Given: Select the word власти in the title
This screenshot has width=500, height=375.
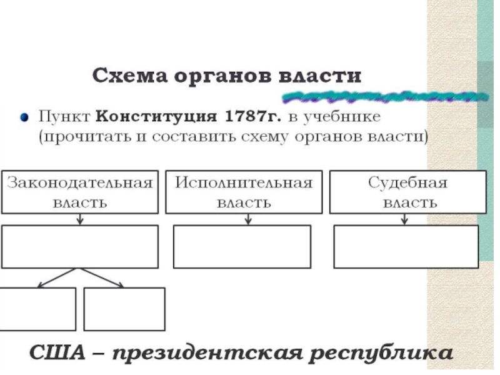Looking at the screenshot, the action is [322, 77].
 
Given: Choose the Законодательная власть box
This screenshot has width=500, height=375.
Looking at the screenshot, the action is [80, 192].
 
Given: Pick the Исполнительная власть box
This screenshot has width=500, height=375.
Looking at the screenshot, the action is [244, 192].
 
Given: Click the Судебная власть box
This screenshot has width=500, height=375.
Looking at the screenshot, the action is [407, 192].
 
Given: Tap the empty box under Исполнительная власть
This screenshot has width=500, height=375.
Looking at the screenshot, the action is [241, 247].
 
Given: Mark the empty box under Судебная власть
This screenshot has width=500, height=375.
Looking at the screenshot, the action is [406, 247].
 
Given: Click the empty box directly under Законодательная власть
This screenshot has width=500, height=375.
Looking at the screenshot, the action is [80, 247].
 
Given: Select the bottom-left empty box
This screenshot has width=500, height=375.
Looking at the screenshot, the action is [38, 309].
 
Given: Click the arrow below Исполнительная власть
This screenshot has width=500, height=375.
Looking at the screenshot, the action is [248, 219].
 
